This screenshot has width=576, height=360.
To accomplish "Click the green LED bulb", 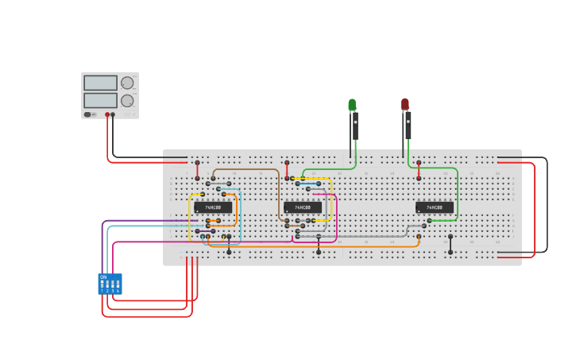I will [352, 105].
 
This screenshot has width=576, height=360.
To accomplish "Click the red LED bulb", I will [405, 104].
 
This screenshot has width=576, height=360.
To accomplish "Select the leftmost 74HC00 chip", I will [213, 207].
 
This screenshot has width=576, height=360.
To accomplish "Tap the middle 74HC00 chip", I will [303, 207].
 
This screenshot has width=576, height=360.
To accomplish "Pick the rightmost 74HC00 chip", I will [435, 207].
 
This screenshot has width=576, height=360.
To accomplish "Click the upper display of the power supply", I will [100, 83].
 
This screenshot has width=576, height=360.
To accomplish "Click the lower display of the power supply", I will [100, 101].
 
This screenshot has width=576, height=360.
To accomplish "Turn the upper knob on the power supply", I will [127, 83].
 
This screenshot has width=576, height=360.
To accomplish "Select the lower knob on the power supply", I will [127, 101].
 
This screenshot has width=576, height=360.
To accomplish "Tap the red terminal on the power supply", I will [107, 114].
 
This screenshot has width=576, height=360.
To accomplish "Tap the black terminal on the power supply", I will [113, 114].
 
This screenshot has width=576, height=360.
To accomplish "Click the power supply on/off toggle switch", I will [87, 114].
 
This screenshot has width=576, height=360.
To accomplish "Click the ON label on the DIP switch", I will [103, 277].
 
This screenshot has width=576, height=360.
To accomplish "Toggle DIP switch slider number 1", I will [102, 284].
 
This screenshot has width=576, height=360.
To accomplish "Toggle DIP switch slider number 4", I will [118, 284].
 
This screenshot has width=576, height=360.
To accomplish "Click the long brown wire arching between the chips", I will [246, 168].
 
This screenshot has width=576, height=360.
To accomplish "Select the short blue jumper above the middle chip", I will [308, 184].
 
